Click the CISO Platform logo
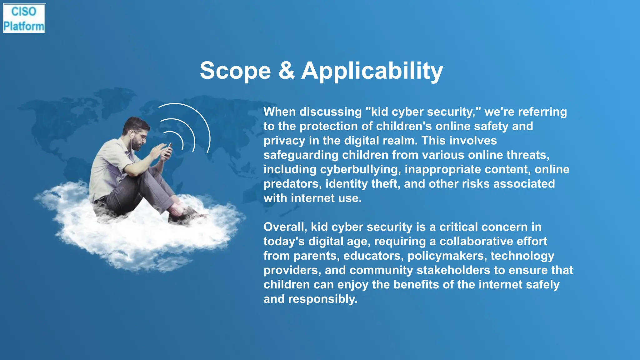point(24,18)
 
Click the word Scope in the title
point(235,71)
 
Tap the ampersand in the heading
point(286,71)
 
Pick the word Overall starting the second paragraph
point(285,227)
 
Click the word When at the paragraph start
point(280,112)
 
